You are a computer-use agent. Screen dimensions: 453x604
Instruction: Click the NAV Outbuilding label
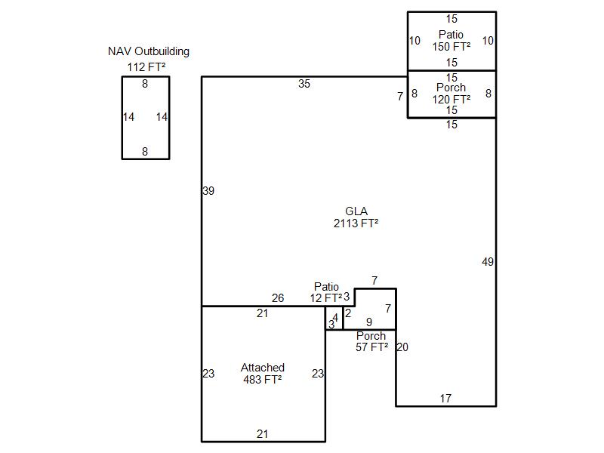click(149, 52)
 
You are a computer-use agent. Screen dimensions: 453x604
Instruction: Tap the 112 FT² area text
click(146, 67)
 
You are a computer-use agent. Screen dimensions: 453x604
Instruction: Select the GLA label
click(356, 211)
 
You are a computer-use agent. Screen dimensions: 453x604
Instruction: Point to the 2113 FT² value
click(356, 223)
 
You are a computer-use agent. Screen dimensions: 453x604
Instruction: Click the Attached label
click(263, 368)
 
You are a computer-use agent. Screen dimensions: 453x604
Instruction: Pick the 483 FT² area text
click(263, 380)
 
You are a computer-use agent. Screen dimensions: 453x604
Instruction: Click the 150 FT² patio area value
click(451, 47)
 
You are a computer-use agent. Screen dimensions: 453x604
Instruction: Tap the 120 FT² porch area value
click(451, 99)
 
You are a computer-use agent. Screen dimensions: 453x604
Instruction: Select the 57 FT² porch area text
click(371, 347)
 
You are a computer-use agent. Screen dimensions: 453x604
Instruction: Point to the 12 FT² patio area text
click(326, 298)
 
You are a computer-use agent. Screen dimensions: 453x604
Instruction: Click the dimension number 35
click(304, 84)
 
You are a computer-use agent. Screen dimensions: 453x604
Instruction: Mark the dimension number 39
click(208, 191)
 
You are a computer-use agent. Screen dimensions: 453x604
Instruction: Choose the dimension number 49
click(488, 262)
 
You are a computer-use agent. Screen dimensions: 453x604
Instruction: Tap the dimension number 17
click(445, 399)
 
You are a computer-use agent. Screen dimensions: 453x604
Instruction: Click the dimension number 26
click(278, 298)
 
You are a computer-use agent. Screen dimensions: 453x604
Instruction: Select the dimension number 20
click(402, 348)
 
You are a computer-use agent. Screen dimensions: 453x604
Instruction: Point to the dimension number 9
click(369, 322)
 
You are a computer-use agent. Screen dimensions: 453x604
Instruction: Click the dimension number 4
click(335, 318)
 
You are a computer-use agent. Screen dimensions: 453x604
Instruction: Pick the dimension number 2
click(348, 313)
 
